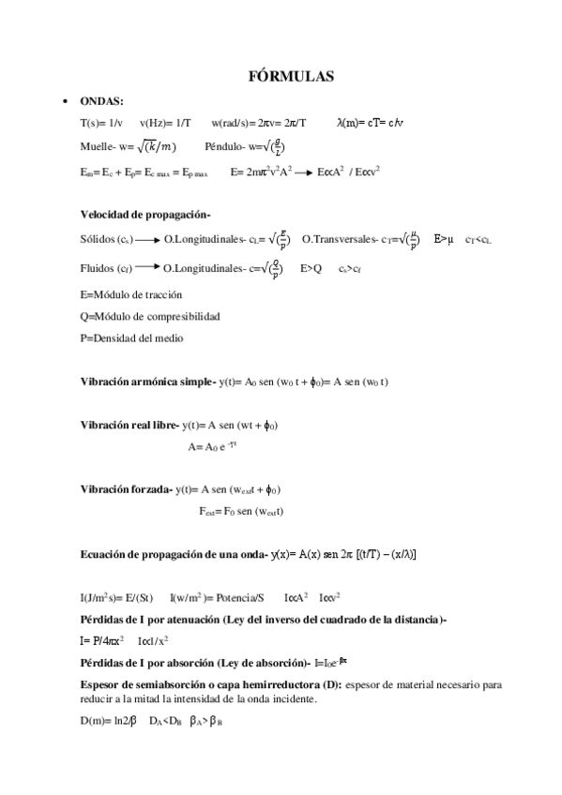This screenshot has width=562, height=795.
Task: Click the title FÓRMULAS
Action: click(281, 76)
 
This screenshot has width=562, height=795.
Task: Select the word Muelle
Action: click(97, 146)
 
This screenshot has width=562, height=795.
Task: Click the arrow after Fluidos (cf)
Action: click(145, 270)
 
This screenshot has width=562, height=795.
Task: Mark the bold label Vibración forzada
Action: click(126, 489)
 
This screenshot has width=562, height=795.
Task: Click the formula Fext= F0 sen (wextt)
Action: click(241, 511)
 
